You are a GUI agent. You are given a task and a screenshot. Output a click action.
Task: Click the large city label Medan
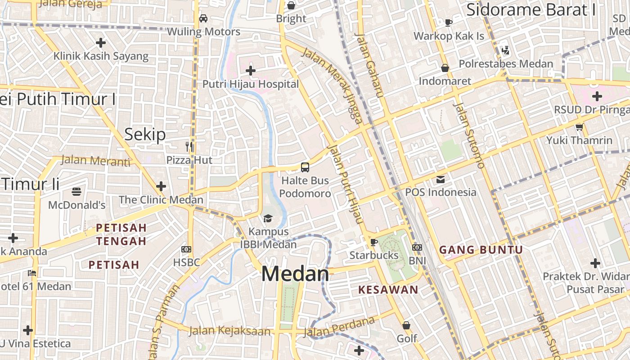click(x=295, y=274)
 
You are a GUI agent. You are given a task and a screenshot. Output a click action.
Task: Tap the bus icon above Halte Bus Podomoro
click(x=305, y=167)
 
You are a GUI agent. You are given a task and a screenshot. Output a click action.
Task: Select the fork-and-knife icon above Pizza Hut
click(x=189, y=146)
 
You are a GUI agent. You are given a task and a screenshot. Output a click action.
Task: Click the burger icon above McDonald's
click(x=76, y=192)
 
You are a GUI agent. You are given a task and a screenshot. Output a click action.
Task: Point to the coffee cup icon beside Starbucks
click(x=373, y=243)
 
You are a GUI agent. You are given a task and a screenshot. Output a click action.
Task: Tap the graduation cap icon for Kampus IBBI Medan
click(x=268, y=219)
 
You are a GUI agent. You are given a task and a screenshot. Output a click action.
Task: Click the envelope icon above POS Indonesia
click(x=440, y=180)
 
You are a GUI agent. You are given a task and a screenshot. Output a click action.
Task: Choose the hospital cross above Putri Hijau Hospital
click(x=251, y=71)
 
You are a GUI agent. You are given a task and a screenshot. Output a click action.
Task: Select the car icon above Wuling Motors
click(x=203, y=18)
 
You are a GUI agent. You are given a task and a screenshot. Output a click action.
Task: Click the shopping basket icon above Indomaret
click(x=445, y=68)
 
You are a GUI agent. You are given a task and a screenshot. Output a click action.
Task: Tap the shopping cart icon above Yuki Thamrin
click(x=579, y=127)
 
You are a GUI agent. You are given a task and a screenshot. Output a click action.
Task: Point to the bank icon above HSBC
click(x=186, y=249)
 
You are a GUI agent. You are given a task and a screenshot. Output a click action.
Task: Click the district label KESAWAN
click(x=388, y=290)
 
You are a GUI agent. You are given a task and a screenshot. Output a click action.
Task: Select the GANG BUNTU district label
click(x=481, y=250)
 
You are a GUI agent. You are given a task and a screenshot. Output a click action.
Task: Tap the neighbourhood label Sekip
click(x=145, y=134)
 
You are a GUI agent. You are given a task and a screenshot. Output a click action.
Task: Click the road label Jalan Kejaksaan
click(x=229, y=331)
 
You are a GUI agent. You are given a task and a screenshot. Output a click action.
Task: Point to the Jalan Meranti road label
click(x=95, y=160)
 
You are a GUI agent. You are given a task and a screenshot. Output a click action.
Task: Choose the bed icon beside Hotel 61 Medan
click(x=32, y=273)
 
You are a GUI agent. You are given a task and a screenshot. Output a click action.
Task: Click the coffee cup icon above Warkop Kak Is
click(x=448, y=22)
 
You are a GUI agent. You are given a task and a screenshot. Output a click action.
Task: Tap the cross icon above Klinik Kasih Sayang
click(x=101, y=43)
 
